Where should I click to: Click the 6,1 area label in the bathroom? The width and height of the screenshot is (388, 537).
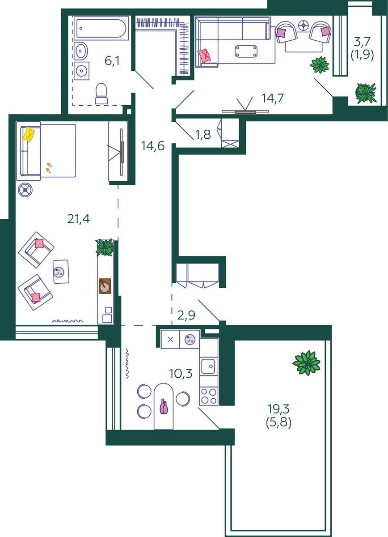pos(112,61)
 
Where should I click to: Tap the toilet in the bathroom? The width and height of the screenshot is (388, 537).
pos(101,94)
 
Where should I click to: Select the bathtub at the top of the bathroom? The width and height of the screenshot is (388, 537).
pos(101,28)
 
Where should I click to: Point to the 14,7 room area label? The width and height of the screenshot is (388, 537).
pos(273,98)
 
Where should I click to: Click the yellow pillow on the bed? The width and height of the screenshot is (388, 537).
pos(28,134)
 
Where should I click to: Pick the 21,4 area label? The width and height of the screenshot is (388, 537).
pos(79,219)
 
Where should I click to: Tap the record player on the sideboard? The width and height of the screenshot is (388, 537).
pos(105,286)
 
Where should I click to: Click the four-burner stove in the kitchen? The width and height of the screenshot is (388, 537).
pos(209,396)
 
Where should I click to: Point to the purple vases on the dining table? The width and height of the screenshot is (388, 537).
pos(164,406)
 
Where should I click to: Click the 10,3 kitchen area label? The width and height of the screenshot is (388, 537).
pos(181,374)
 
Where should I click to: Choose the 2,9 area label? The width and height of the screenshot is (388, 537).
pos(186,315)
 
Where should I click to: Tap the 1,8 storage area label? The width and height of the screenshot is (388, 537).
pos(203,135)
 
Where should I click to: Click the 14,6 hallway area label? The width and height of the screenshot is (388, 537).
pos(153,146)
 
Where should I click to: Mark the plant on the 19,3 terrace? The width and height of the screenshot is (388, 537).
pos(306,363)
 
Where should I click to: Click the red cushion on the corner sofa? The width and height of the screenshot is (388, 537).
pos(204,56)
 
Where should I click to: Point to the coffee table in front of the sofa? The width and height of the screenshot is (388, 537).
pos(246,51)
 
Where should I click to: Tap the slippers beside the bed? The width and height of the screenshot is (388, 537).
pos(49,167)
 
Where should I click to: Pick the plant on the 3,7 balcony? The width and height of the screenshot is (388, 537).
pos(366,93)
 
